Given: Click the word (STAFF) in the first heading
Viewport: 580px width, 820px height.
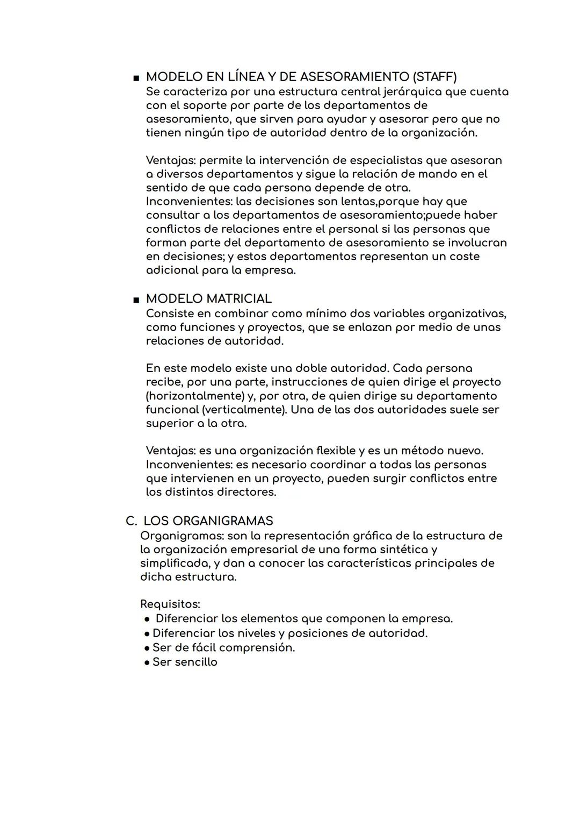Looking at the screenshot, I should (433, 77).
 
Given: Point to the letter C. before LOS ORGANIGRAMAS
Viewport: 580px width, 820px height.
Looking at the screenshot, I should (131, 521).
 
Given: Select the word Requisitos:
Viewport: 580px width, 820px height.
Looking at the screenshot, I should (170, 604).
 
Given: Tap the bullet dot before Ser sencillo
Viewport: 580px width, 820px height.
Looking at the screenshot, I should (147, 662).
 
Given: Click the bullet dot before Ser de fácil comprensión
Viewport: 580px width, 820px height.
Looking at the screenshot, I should (147, 648).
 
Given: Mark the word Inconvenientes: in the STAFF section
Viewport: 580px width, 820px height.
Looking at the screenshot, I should (189, 202).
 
